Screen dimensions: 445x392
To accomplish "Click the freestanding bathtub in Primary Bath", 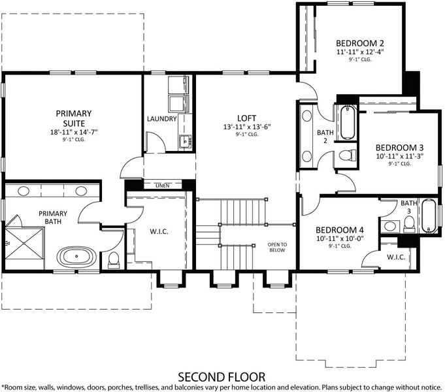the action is click(76, 257).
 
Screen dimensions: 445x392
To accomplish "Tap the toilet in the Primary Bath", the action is click(114, 260).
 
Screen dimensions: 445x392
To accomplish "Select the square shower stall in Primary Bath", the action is click(24, 244).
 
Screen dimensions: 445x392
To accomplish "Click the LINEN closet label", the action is click(163, 186).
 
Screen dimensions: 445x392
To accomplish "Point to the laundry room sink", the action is click(186, 140).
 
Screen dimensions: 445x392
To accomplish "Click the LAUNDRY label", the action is click(162, 119).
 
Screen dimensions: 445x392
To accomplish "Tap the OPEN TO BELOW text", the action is click(277, 247).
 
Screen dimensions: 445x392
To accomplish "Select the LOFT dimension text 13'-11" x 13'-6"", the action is click(247, 127).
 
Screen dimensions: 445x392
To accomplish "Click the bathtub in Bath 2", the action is click(348, 122).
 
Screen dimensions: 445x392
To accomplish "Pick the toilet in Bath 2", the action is click(348, 155).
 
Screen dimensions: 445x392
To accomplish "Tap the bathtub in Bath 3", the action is click(429, 216).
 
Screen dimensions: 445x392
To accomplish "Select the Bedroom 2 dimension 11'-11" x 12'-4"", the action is click(360, 52).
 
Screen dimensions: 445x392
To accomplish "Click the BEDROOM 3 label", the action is click(400, 148).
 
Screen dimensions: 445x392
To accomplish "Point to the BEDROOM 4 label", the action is click(340, 230).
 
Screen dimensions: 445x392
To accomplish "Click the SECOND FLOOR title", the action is click(222, 377).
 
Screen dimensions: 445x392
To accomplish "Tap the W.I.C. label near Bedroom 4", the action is click(396, 257).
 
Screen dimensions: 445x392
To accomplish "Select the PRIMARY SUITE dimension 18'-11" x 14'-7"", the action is click(74, 132).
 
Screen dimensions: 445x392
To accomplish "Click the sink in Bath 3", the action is click(389, 226).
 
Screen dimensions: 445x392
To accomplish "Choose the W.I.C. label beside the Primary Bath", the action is click(159, 232).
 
